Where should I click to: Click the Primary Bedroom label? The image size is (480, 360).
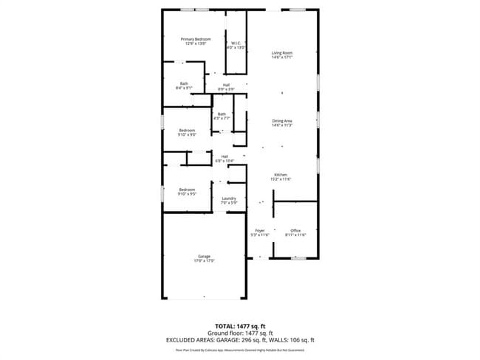coord(196,39)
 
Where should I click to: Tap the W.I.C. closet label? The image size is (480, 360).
coord(236,44)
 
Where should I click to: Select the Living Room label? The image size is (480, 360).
coord(282,53)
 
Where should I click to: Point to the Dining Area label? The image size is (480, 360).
coord(282,120)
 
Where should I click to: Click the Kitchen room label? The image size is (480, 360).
coord(281,174)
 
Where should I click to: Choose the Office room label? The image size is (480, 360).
coord(295,231)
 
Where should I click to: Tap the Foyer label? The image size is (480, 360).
coord(260,231)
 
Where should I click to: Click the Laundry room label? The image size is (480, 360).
coord(229,198)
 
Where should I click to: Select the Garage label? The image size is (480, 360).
coord(204,256)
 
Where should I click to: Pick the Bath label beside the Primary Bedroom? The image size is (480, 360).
coord(184,84)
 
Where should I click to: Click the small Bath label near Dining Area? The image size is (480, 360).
coord(222,114)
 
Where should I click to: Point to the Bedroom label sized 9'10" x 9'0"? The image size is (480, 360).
coord(186,131)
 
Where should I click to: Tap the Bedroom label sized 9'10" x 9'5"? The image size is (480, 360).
coord(186,190)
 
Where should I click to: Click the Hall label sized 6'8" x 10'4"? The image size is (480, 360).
coord(224,156)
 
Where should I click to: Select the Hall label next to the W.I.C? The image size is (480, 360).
coord(226,85)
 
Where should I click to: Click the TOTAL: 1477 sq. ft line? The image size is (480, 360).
coord(240,325)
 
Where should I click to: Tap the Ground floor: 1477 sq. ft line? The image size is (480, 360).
coord(240,333)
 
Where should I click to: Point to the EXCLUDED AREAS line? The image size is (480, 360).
coord(240,340)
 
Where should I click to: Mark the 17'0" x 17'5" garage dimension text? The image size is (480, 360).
coord(204,260)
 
